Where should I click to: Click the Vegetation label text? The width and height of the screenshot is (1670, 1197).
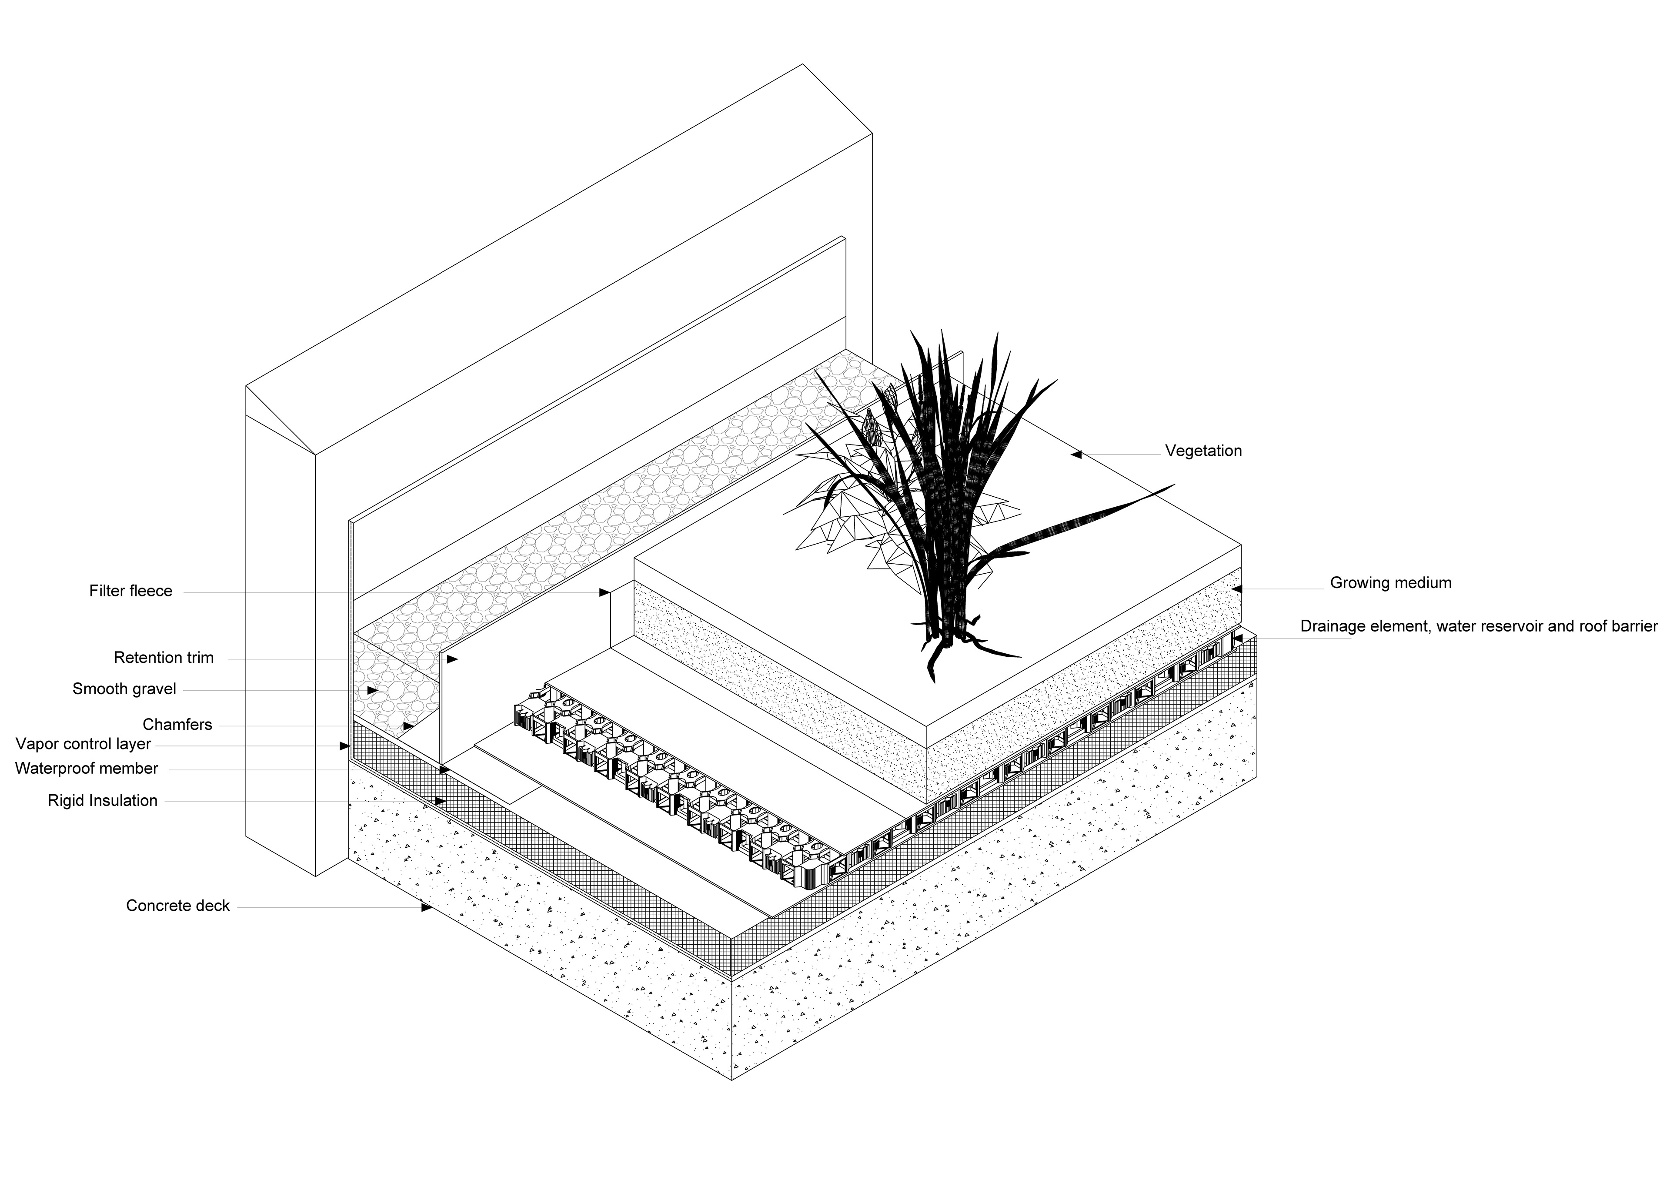tap(1203, 451)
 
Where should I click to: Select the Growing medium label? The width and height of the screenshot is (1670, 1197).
tap(1390, 583)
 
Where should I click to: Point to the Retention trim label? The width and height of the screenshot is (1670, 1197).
tap(164, 658)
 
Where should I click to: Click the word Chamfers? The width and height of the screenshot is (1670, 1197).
tap(177, 725)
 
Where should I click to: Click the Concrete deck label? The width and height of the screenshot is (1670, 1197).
tap(178, 906)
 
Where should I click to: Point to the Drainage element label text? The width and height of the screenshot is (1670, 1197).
tap(1479, 627)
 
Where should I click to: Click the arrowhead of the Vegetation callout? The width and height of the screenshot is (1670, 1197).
tap(1076, 455)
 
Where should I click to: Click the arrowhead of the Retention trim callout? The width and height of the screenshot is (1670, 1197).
tap(452, 659)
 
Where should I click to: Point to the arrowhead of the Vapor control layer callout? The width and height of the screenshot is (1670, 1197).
tap(344, 746)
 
